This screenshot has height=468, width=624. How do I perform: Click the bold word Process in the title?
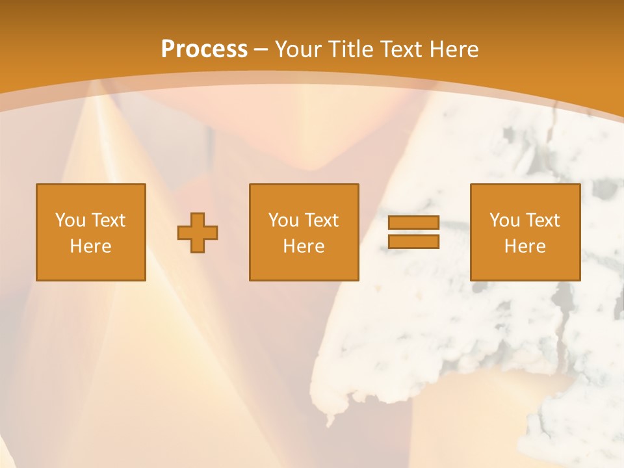tap(204, 49)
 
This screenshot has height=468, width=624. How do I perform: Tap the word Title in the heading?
tap(353, 49)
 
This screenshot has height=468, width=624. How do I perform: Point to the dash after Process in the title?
tap(261, 49)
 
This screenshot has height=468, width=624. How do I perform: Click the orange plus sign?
tap(198, 232)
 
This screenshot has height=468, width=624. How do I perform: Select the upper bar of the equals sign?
tap(413, 223)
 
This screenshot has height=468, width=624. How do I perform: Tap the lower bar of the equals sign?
tap(413, 241)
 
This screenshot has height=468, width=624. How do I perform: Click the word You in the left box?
tap(70, 220)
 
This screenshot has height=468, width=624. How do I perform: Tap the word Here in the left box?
tap(90, 246)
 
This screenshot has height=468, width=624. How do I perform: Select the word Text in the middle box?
tap(321, 220)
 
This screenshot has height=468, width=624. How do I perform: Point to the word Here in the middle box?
tap(304, 246)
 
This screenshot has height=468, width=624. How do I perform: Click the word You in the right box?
tap(504, 220)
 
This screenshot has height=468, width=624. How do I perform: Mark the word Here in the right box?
tap(525, 246)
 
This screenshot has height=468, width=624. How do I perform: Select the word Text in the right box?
tap(542, 220)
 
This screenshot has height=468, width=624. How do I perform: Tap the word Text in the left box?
tap(108, 220)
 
